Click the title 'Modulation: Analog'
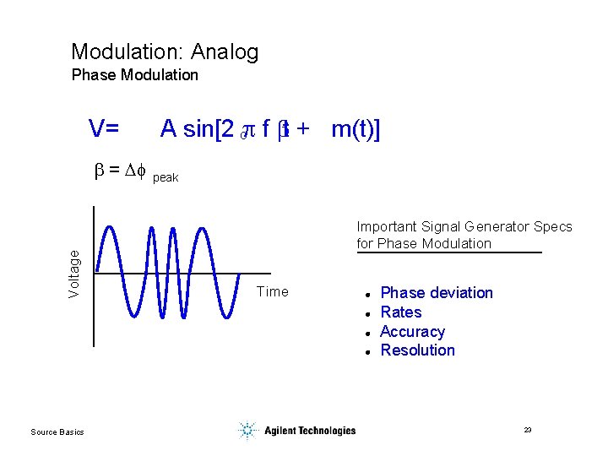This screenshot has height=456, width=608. [165, 52]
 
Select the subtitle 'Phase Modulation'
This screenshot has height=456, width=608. [135, 75]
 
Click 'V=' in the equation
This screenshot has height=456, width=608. [104, 128]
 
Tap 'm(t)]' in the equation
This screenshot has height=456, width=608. [356, 128]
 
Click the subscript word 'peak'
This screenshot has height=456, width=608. [166, 178]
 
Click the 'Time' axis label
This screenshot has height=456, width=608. [272, 292]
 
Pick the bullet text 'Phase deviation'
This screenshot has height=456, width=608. [437, 293]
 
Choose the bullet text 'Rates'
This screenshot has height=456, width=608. [401, 312]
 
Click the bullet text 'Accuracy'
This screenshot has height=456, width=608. [412, 332]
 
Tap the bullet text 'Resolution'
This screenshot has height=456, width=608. [417, 350]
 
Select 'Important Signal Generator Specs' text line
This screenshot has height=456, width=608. [464, 226]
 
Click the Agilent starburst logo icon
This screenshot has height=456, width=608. [247, 431]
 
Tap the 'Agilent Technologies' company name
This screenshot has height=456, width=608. [310, 431]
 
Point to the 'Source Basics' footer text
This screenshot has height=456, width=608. [57, 432]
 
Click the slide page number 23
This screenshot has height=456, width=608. [528, 431]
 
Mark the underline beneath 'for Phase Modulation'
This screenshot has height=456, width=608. [448, 252]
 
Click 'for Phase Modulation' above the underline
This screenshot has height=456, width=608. [423, 243]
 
